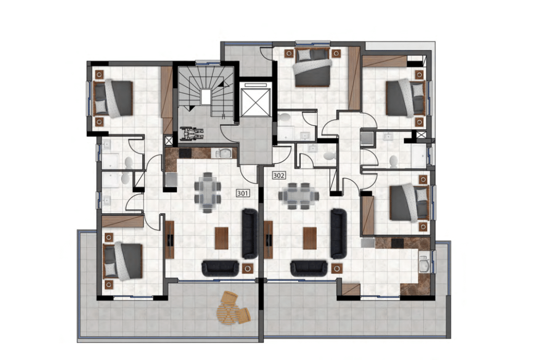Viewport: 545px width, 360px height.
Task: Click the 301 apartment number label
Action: (x=243, y=193)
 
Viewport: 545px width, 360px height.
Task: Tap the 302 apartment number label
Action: (x=279, y=175)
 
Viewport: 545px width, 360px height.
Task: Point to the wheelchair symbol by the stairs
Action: (x=191, y=134)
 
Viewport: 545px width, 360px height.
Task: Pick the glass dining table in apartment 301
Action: (x=208, y=192)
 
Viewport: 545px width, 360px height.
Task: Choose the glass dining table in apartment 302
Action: (x=298, y=196)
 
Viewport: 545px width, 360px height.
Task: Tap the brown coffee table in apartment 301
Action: (x=221, y=238)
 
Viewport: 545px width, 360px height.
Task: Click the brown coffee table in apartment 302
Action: (x=310, y=238)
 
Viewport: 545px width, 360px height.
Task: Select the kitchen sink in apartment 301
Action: (x=224, y=153)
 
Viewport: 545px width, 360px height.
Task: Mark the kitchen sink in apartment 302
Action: (x=424, y=264)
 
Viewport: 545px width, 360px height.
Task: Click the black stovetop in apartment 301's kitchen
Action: (x=185, y=153)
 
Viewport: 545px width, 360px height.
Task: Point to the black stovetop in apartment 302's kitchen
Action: (x=397, y=243)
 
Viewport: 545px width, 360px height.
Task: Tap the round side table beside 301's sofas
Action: (x=247, y=268)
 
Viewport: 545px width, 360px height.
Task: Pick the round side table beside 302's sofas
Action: (x=336, y=268)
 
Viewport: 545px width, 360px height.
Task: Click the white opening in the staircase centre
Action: (x=206, y=97)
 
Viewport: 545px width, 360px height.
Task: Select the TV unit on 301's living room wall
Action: (x=170, y=240)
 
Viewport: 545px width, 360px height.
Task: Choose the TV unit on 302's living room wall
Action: (x=268, y=240)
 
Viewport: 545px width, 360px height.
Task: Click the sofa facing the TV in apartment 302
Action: (x=338, y=234)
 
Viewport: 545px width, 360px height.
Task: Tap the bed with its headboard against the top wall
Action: (x=312, y=68)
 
